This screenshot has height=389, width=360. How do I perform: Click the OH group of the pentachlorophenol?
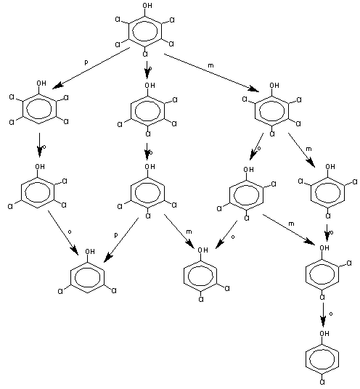point(147,6)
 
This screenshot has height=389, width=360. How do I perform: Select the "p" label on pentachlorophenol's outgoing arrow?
point(86,62)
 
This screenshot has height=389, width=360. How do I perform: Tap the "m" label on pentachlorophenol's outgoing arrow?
point(210,65)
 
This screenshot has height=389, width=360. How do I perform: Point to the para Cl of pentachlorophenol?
point(145,54)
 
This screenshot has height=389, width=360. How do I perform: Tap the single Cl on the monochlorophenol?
point(322,382)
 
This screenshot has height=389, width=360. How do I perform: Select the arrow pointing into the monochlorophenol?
point(323,314)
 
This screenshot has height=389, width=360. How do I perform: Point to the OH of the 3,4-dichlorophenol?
point(202,250)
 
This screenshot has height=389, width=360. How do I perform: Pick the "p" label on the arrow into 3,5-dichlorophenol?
point(116,235)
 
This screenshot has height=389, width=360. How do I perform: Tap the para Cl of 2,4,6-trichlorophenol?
point(327,216)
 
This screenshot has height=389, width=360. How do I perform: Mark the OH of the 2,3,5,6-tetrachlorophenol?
point(41,83)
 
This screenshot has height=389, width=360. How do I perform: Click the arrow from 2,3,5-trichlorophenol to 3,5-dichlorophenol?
point(63,233)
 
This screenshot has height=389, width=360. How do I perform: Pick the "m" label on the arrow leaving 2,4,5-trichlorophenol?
point(291,224)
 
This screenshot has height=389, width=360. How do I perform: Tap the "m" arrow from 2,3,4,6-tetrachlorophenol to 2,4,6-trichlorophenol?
point(301,150)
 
